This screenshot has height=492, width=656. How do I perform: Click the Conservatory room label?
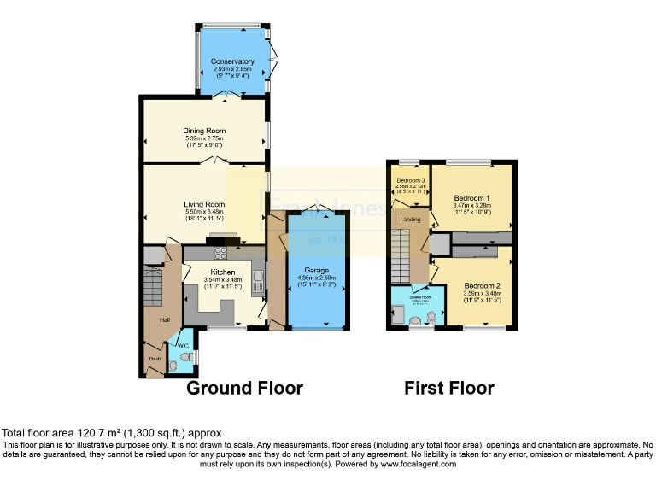tap(233, 61)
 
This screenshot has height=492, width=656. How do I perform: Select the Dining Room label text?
tap(204, 131)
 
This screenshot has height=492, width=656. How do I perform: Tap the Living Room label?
tap(204, 204)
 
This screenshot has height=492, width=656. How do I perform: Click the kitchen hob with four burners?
tap(219, 252)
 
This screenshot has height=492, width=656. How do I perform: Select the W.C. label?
tap(183, 346)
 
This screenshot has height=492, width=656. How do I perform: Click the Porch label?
tap(155, 358)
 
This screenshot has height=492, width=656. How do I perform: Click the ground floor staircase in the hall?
tap(154, 281)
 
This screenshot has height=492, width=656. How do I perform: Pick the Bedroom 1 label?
tap(471, 197)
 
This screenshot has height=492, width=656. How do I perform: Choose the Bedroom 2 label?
tap(483, 285)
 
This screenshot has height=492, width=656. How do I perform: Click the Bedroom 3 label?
tap(411, 180)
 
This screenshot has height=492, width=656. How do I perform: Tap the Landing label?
tap(410, 220)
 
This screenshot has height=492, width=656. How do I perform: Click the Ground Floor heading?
tap(244, 389)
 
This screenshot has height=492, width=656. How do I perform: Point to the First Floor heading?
tap(448, 389)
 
